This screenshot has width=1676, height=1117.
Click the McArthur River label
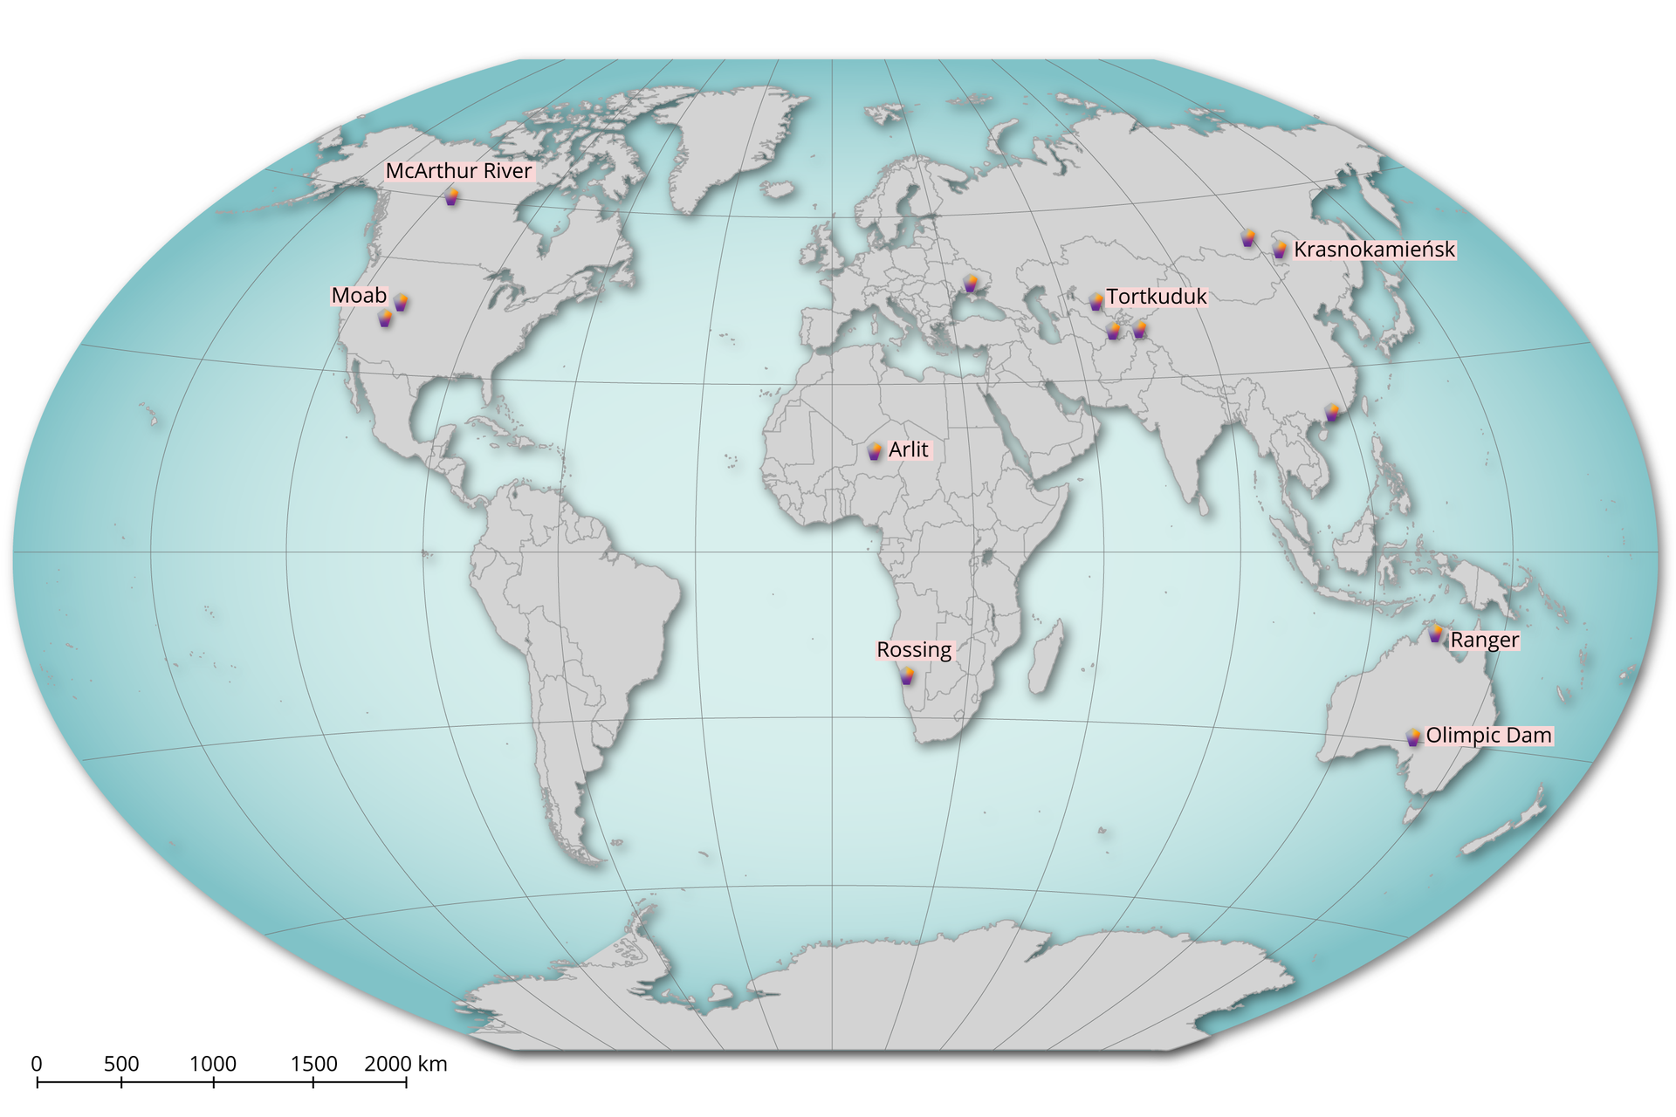[458, 171]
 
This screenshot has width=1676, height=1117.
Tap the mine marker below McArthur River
[451, 197]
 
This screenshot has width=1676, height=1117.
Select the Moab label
[359, 296]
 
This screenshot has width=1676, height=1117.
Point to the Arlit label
[909, 450]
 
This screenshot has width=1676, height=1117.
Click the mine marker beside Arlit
[875, 451]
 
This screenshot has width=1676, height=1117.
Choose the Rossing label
[914, 650]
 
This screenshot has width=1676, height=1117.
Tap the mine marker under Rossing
[907, 675]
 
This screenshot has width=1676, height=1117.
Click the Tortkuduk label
[1157, 297]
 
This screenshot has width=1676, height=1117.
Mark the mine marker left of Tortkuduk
[1096, 302]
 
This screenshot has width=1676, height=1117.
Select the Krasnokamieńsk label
[1374, 250]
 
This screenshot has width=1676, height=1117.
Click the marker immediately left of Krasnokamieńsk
[1280, 250]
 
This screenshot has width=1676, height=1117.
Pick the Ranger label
[1484, 641]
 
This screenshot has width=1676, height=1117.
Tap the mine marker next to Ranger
[1436, 634]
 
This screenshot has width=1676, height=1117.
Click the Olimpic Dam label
[1488, 736]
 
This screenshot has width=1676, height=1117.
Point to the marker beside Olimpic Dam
[1413, 737]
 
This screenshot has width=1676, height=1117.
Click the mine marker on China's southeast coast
[1332, 413]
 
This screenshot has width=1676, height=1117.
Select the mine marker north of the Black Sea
[971, 284]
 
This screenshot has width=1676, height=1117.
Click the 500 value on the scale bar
[121, 1064]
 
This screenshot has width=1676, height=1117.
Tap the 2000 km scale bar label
[405, 1064]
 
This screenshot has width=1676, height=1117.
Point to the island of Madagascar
[1046, 657]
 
